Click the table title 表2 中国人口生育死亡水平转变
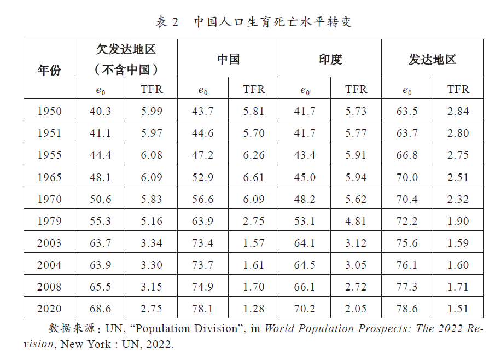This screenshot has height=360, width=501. click(254, 22)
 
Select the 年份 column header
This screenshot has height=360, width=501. click(49, 69)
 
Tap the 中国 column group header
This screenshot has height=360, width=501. click(228, 60)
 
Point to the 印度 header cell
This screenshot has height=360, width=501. click(330, 60)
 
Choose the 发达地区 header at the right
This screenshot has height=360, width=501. click(433, 60)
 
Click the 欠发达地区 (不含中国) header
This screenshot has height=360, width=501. click(126, 59)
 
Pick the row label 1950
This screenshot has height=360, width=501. click(50, 111)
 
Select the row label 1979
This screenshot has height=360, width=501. click(50, 221)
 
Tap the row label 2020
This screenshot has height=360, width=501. click(49, 309)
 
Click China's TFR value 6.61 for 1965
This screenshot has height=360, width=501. click(254, 177)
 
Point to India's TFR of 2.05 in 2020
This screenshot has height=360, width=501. click(356, 309)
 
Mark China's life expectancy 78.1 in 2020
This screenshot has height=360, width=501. click(202, 309)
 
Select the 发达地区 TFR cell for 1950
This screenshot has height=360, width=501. click(458, 111)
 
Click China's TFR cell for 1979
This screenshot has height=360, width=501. click(254, 221)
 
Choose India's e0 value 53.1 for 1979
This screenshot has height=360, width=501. click(305, 221)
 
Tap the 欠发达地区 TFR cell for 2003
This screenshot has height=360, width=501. click(152, 243)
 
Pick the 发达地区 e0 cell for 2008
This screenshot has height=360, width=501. click(407, 287)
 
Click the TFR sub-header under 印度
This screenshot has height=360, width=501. click(356, 89)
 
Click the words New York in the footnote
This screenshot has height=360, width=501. click(86, 344)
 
